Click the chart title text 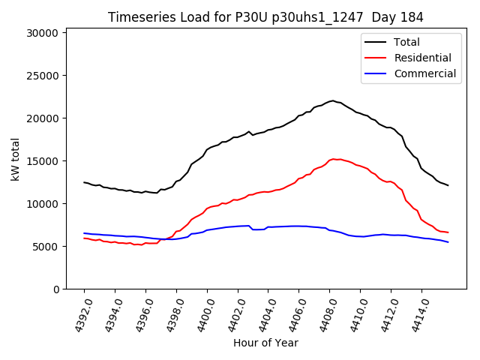(265, 17)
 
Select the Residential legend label (423, 58)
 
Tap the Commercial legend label (425, 73)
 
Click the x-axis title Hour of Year (265, 343)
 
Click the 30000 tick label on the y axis (43, 33)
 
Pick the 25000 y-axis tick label (43, 76)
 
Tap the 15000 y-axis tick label (43, 161)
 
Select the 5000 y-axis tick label (46, 247)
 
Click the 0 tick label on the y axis (55, 289)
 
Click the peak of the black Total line (332, 100)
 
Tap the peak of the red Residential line (334, 159)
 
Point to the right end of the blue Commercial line (448, 241)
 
